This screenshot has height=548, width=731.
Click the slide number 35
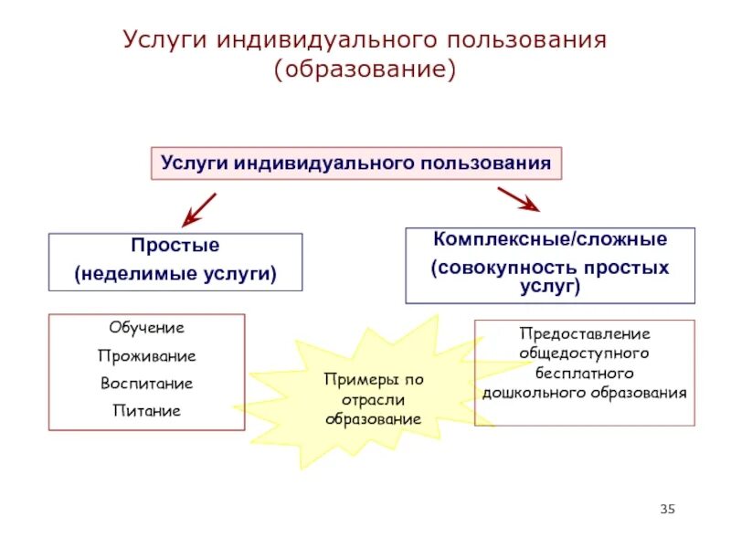[x=666, y=509]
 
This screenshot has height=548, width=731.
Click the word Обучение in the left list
[x=146, y=327]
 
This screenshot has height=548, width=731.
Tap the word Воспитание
[x=146, y=383]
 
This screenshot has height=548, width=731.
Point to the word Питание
[x=146, y=411]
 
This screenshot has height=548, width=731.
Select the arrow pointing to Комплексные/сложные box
[x=518, y=200]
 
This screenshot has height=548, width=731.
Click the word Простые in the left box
[x=175, y=247]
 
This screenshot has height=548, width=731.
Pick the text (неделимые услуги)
[x=175, y=273]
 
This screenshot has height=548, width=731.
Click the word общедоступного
[x=584, y=353]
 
